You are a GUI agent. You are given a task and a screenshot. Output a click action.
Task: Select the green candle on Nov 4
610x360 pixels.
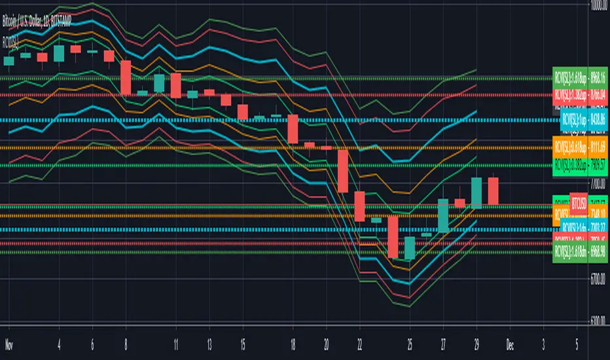59,52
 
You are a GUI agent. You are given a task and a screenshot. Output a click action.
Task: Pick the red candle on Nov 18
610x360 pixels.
293,129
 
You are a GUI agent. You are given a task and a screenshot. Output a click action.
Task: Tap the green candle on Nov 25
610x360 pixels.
410,248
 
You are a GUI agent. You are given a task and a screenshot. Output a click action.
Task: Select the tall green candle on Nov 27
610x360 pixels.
443,215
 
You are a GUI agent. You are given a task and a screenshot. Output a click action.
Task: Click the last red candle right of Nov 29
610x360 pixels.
493,190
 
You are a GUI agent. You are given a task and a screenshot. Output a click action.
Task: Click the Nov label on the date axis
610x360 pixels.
9,342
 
